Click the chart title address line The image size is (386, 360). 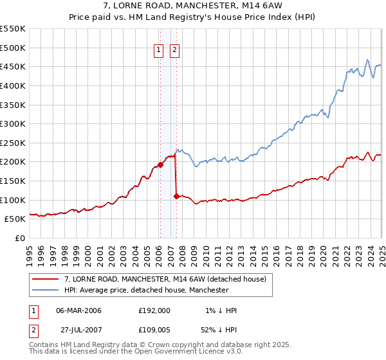click(192, 7)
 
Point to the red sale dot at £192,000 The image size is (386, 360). click(160, 165)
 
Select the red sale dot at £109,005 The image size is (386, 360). click(176, 196)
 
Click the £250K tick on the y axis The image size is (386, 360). click(14, 143)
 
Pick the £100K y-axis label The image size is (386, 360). click(14, 200)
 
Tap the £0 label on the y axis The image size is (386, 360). click(19, 238)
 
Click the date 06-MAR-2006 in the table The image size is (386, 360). click(79, 310)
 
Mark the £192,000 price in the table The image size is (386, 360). click(154, 310)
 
